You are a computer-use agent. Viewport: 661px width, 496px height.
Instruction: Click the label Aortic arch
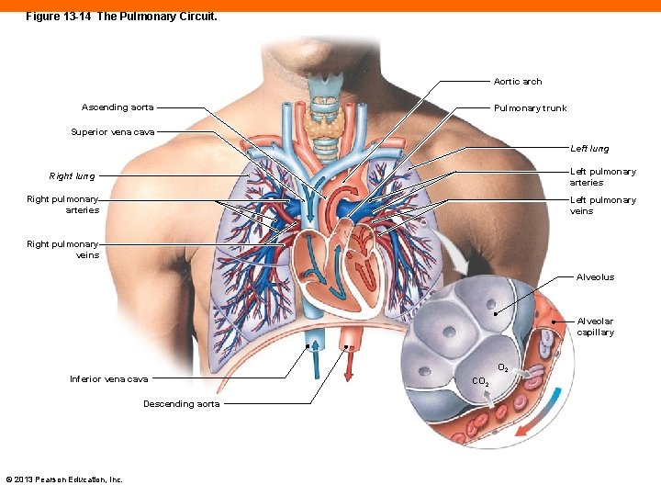click(518, 82)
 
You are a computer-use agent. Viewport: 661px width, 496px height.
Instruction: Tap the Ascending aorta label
click(118, 107)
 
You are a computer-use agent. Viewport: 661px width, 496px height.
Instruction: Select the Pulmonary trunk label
click(530, 108)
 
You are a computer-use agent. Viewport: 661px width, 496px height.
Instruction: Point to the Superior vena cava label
click(112, 132)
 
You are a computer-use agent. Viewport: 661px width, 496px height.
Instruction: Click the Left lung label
click(588, 149)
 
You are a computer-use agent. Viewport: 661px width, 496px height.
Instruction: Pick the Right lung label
click(72, 176)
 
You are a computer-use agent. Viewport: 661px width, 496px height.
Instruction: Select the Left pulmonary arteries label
click(602, 177)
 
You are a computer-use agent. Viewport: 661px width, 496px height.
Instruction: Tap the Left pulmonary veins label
click(602, 206)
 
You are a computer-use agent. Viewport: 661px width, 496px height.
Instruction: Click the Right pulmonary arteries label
click(62, 205)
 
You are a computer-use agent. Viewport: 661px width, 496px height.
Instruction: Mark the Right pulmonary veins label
click(62, 250)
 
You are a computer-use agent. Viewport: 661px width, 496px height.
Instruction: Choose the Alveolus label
click(595, 277)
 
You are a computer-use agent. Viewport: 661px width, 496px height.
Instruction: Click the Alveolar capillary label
click(595, 327)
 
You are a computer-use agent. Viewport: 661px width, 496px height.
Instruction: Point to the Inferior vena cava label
click(108, 379)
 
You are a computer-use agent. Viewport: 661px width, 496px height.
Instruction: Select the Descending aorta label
click(181, 404)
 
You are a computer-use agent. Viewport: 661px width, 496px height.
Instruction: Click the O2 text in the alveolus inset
click(503, 368)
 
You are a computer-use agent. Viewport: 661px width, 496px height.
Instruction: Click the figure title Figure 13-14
click(121, 17)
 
